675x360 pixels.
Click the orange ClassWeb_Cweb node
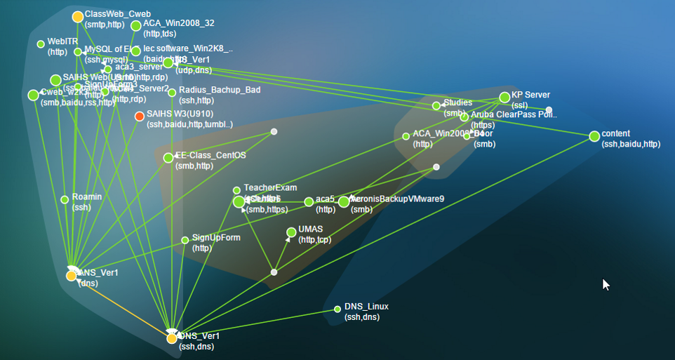click(78, 17)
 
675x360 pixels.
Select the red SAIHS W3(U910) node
click(140, 116)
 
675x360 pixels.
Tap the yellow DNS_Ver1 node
click(172, 338)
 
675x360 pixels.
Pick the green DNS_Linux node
click(337, 309)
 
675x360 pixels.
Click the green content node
click(595, 135)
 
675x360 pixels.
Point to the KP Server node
click(504, 98)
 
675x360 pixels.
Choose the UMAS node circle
click(292, 232)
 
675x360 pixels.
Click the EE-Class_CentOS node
click(168, 158)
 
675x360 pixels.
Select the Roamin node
click(65, 199)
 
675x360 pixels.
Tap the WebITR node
click(41, 44)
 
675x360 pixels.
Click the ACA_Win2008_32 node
click(136, 26)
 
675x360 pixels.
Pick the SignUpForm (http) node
click(185, 239)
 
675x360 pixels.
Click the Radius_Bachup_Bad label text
click(219, 91)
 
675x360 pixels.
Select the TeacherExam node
click(236, 190)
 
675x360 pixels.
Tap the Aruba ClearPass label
click(514, 114)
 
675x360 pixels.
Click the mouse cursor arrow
click(606, 284)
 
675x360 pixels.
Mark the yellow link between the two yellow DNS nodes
click(121, 307)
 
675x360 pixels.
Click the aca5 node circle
click(309, 202)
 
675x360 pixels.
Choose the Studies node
click(436, 106)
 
